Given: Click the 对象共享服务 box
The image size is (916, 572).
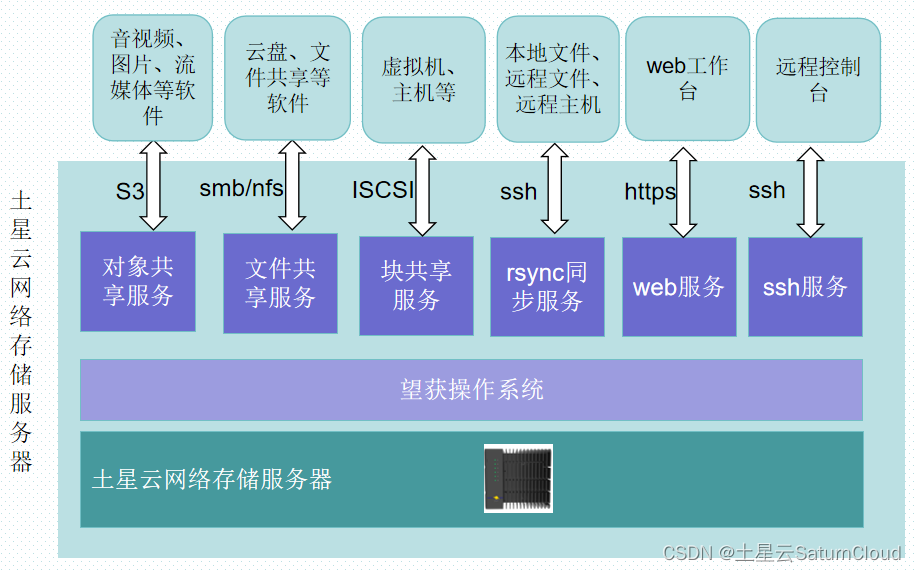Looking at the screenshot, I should [x=138, y=282].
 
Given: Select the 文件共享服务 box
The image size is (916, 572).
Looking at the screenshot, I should [x=280, y=283].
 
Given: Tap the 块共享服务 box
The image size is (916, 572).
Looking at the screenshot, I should [x=416, y=285].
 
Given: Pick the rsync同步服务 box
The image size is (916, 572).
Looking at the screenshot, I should [x=547, y=287].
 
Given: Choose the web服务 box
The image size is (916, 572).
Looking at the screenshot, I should [x=679, y=287].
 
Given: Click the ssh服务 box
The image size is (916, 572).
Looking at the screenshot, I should [x=805, y=287].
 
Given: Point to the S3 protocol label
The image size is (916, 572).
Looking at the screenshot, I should [x=130, y=192].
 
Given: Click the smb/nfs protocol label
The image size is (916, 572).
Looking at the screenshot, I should [x=241, y=189].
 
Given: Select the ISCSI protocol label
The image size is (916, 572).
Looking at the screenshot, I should [x=382, y=190].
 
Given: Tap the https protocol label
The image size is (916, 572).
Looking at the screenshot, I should [x=650, y=192].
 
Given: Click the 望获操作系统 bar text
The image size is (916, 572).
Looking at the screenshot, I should [x=471, y=389].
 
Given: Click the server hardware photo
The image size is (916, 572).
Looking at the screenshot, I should [x=518, y=478].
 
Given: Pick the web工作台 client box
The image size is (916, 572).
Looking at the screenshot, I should [x=687, y=78].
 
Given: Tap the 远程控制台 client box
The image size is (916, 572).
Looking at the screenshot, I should [x=818, y=80].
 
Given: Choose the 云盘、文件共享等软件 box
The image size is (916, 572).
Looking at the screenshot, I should [x=288, y=77].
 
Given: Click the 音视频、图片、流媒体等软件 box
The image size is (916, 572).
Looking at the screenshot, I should [x=153, y=78].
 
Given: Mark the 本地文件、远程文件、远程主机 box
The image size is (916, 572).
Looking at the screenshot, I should [x=553, y=78].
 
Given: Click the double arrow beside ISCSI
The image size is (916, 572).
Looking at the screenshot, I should [x=423, y=190].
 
